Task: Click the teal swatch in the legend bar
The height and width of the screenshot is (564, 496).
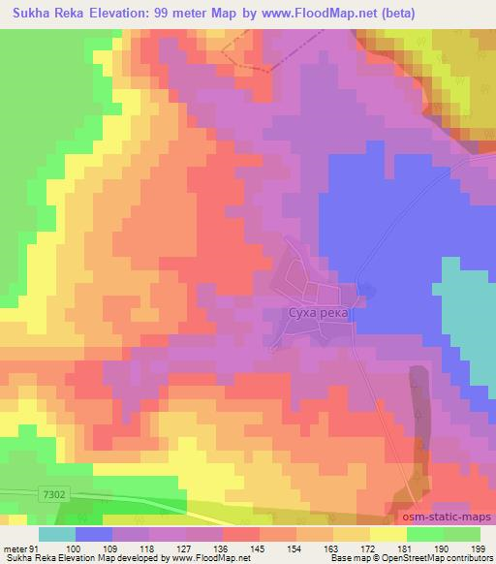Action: (58, 534)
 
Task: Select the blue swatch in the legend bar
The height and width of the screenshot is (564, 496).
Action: (95, 534)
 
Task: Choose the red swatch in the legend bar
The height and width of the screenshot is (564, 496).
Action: (242, 534)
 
